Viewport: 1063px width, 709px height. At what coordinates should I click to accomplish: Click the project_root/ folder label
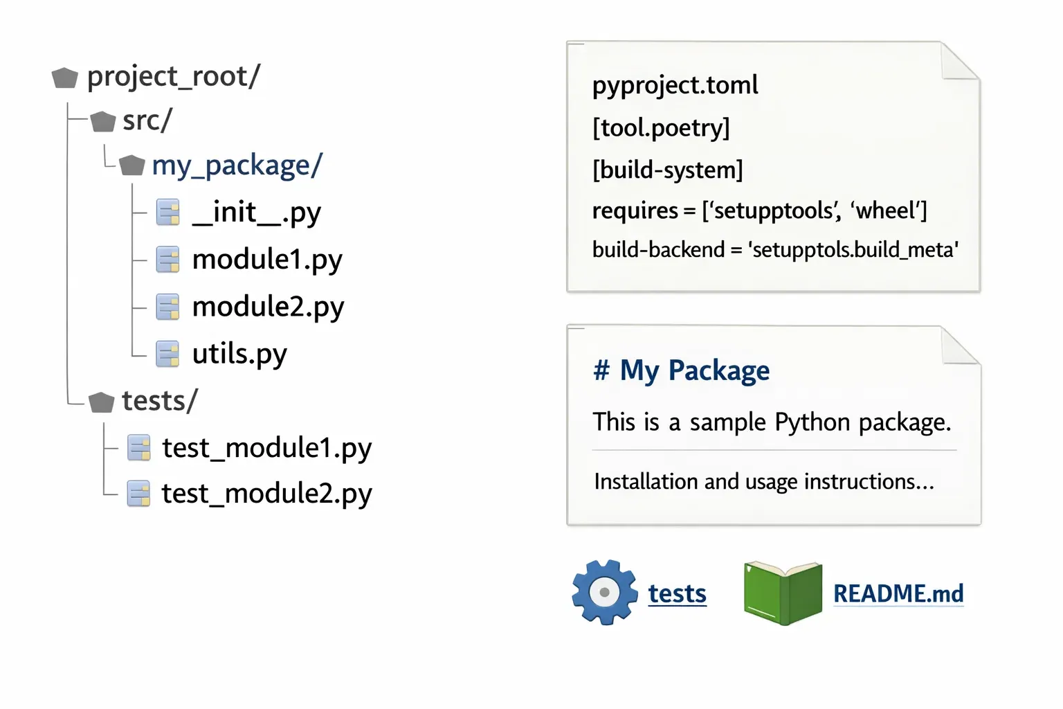click(173, 76)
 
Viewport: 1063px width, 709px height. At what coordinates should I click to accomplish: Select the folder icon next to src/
click(103, 122)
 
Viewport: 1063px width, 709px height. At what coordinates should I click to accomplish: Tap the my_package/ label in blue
click(237, 165)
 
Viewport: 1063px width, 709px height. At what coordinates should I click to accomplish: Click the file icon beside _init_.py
click(167, 213)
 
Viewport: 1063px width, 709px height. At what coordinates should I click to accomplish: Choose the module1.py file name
click(267, 260)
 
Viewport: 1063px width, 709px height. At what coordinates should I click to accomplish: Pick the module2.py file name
click(268, 307)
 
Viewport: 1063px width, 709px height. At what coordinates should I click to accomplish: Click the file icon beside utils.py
click(167, 354)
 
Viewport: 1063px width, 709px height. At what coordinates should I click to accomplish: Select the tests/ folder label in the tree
click(159, 401)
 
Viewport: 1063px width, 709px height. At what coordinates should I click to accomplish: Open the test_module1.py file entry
click(266, 448)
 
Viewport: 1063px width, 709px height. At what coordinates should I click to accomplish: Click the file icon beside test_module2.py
click(138, 494)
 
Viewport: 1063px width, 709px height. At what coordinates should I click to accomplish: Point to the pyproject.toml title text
click(675, 85)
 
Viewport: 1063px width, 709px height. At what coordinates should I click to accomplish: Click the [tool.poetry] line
click(661, 128)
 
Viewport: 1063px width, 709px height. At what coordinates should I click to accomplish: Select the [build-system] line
click(667, 170)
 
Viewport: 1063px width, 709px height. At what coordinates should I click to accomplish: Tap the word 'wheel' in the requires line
click(885, 210)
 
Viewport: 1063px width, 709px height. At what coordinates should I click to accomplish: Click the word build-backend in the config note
click(657, 249)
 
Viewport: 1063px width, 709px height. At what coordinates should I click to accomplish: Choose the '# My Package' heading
click(681, 370)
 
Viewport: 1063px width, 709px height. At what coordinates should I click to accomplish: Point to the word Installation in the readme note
click(646, 481)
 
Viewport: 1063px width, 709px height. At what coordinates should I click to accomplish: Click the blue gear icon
click(604, 593)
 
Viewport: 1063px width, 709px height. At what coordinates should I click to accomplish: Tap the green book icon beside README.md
click(783, 593)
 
